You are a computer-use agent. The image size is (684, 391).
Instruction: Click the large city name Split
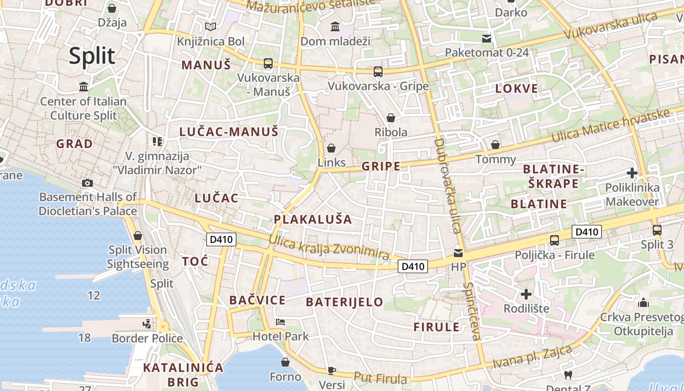pyautogui.click(x=92, y=56)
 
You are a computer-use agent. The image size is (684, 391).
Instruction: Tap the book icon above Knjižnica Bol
pyautogui.click(x=211, y=26)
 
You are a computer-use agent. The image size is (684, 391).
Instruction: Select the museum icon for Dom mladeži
pyautogui.click(x=335, y=26)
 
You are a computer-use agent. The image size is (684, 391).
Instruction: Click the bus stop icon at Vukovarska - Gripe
pyautogui.click(x=378, y=72)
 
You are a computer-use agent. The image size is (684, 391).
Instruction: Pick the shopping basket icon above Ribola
pyautogui.click(x=390, y=118)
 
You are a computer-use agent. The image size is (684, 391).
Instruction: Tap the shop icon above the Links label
pyautogui.click(x=331, y=148)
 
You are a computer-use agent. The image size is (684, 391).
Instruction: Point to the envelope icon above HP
pyautogui.click(x=458, y=253)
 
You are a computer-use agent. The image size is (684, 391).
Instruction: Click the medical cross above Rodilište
pyautogui.click(x=526, y=294)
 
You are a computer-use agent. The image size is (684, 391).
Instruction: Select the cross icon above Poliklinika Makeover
pyautogui.click(x=632, y=173)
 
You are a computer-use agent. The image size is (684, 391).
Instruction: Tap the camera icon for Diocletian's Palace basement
pyautogui.click(x=87, y=183)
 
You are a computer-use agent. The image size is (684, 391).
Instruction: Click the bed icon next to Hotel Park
pyautogui.click(x=280, y=322)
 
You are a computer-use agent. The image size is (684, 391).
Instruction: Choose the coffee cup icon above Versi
pyautogui.click(x=332, y=370)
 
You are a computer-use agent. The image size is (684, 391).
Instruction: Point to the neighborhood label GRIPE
pyautogui.click(x=381, y=167)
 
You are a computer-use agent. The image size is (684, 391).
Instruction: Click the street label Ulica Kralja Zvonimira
pyautogui.click(x=329, y=248)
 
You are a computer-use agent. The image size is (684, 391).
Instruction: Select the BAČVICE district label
pyautogui.click(x=257, y=300)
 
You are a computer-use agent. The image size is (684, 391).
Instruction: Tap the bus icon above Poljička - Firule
pyautogui.click(x=555, y=240)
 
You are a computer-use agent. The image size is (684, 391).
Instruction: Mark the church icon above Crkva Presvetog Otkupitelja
pyautogui.click(x=643, y=303)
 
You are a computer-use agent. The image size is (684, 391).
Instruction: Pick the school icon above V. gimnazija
pyautogui.click(x=157, y=142)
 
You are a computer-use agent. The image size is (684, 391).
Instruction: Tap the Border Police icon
pyautogui.click(x=147, y=324)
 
